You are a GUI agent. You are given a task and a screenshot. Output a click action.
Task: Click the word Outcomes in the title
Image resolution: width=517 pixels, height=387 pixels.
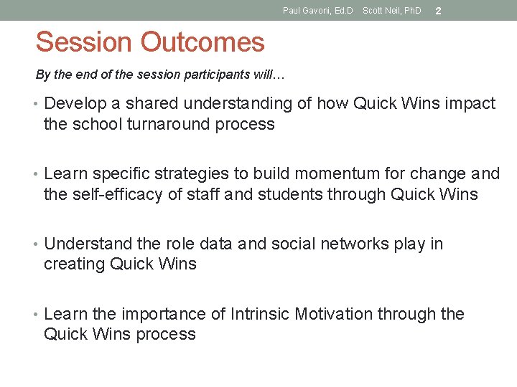(x=202, y=43)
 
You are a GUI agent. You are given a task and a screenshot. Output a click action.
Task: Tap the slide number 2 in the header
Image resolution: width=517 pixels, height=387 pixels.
(x=438, y=11)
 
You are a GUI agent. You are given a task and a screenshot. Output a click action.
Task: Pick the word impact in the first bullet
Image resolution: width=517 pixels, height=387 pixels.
(x=470, y=104)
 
